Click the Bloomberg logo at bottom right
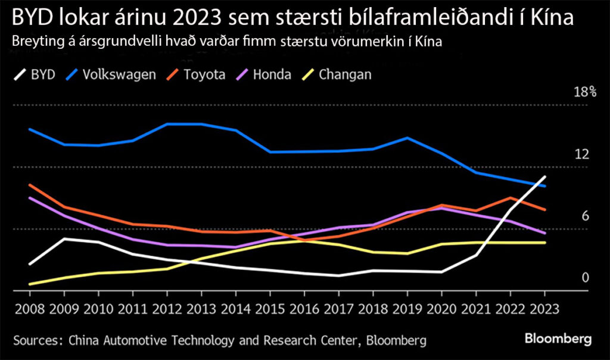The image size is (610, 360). click(x=558, y=339)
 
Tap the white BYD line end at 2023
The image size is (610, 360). click(x=544, y=177)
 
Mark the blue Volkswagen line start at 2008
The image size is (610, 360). click(x=30, y=129)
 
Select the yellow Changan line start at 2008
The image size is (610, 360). click(x=30, y=284)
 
